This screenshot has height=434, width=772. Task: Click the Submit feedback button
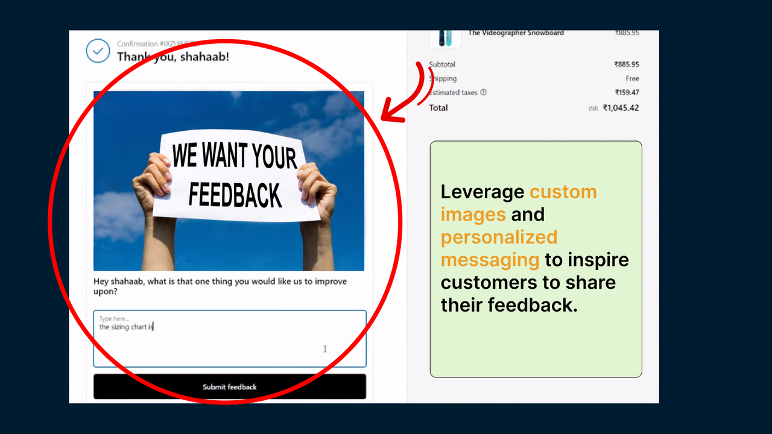pyautogui.click(x=229, y=386)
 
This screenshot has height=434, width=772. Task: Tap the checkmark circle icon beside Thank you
pyautogui.click(x=98, y=51)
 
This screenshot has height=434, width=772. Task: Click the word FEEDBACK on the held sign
pyautogui.click(x=235, y=195)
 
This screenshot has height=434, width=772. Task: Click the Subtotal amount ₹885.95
pyautogui.click(x=627, y=64)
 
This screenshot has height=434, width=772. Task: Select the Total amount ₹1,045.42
pyautogui.click(x=621, y=108)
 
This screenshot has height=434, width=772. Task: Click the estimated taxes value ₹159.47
pyautogui.click(x=627, y=93)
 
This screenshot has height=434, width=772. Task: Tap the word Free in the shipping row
pyautogui.click(x=632, y=78)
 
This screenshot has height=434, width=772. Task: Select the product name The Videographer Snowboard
pyautogui.click(x=516, y=33)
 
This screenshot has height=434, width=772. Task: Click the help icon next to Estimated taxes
pyautogui.click(x=483, y=93)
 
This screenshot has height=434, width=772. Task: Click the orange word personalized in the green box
pyautogui.click(x=499, y=237)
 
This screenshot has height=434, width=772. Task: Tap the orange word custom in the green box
pyautogui.click(x=563, y=192)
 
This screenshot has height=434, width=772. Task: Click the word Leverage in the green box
pyautogui.click(x=482, y=192)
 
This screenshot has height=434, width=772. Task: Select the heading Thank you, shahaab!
pyautogui.click(x=173, y=57)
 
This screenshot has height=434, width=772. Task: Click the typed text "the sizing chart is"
pyautogui.click(x=126, y=327)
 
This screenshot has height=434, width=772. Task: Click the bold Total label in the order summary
pyautogui.click(x=438, y=108)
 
